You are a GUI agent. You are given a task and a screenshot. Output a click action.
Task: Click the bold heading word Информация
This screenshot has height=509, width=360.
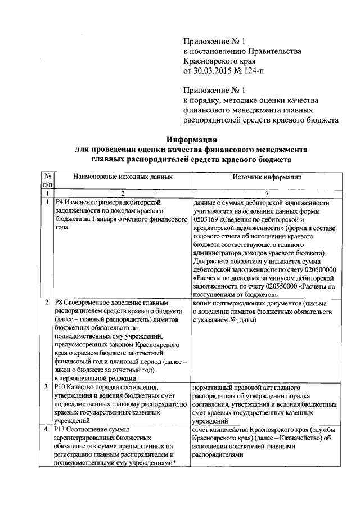(191, 139)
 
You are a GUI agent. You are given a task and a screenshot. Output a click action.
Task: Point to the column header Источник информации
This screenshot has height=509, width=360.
(267, 177)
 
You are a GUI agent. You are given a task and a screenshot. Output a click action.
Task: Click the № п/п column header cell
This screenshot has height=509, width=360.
(48, 181)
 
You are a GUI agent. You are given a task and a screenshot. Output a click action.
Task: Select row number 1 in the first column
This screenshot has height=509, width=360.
(48, 202)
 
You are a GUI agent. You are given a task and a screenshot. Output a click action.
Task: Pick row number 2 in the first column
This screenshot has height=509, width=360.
(48, 303)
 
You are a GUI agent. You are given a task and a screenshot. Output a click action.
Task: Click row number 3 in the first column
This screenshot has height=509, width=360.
(48, 388)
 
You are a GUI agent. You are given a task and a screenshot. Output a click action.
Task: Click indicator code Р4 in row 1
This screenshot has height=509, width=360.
(59, 202)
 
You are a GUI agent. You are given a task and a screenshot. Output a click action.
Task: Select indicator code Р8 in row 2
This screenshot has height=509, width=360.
(59, 303)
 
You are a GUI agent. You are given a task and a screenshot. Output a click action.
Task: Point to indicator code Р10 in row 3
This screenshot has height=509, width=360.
(61, 388)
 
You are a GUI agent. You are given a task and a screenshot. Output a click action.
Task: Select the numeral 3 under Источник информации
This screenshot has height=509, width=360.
(267, 193)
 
